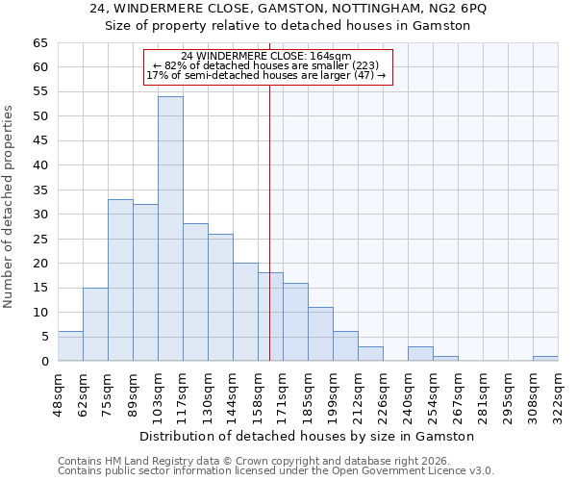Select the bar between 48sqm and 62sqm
(x=70, y=346)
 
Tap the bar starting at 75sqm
(x=120, y=280)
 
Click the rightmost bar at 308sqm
(x=545, y=358)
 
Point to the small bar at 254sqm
(x=445, y=358)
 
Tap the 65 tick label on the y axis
(x=39, y=43)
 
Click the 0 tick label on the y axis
(x=44, y=362)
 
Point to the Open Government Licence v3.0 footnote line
(x=276, y=471)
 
